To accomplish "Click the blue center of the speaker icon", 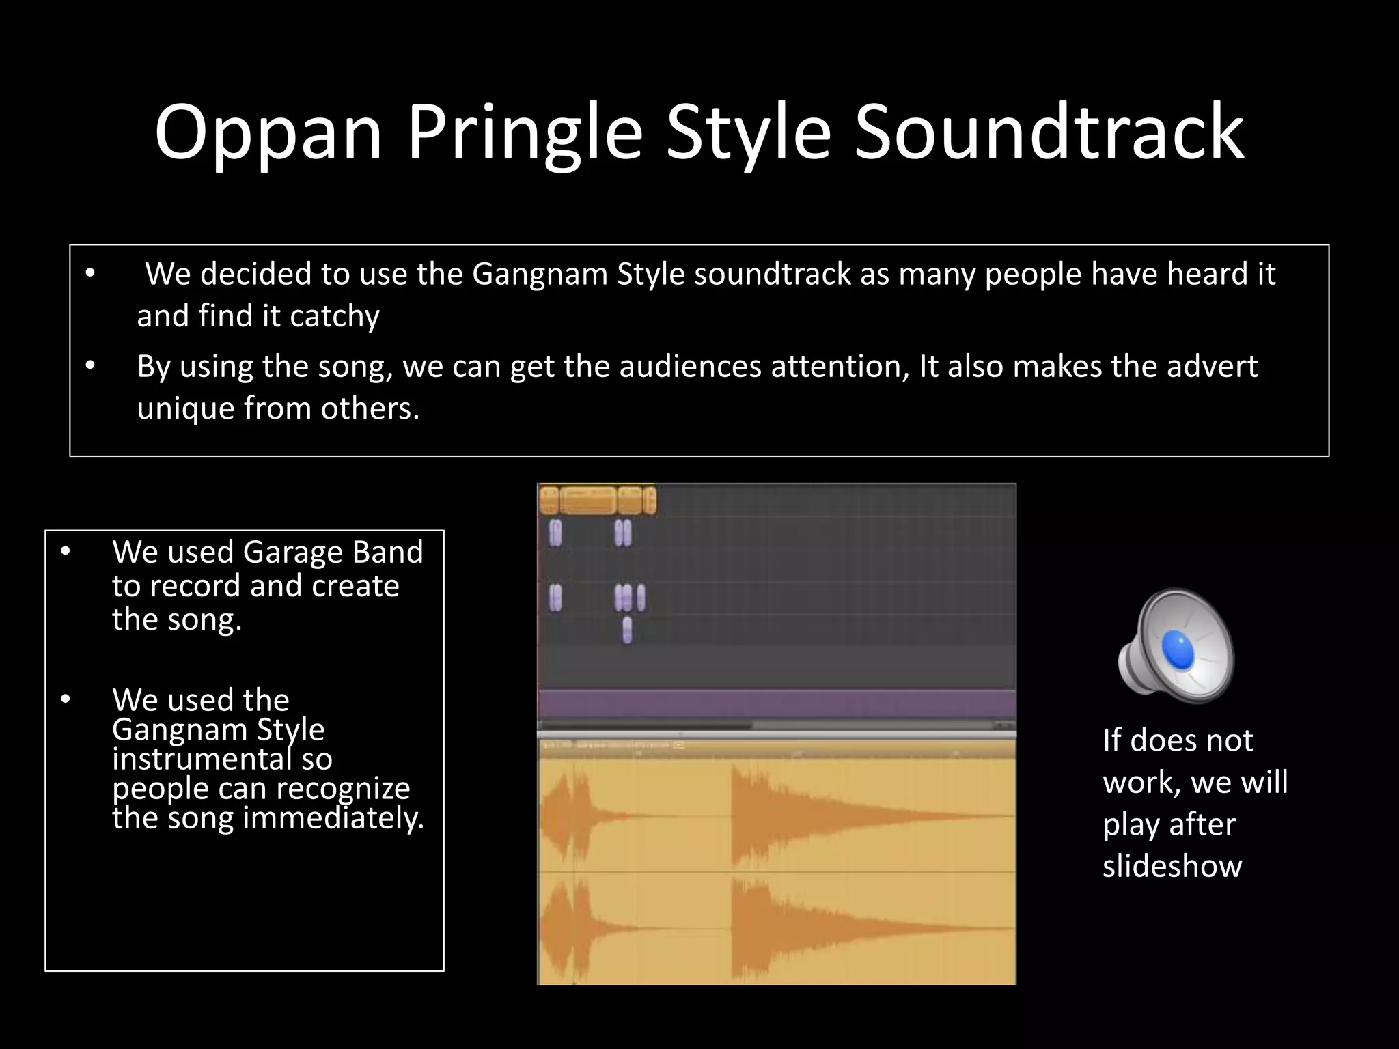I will click(1177, 649).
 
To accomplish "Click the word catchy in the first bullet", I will click(334, 316).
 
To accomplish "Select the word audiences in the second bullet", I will click(690, 367).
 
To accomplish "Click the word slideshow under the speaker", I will click(1172, 866).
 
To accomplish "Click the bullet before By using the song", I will click(89, 367).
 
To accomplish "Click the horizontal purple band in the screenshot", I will click(777, 703).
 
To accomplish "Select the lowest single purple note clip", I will click(626, 630).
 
